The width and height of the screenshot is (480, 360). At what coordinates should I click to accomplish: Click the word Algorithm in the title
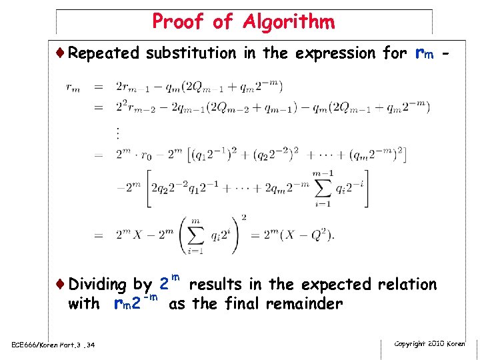point(288,22)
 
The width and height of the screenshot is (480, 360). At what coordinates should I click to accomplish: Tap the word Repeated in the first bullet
point(103,53)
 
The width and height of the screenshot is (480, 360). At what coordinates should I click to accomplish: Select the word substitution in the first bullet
point(191,53)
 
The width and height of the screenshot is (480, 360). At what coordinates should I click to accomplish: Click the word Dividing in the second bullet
point(97,285)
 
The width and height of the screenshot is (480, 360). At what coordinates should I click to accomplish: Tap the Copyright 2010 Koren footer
point(429,343)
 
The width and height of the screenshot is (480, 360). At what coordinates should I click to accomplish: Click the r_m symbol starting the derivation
point(73,87)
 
